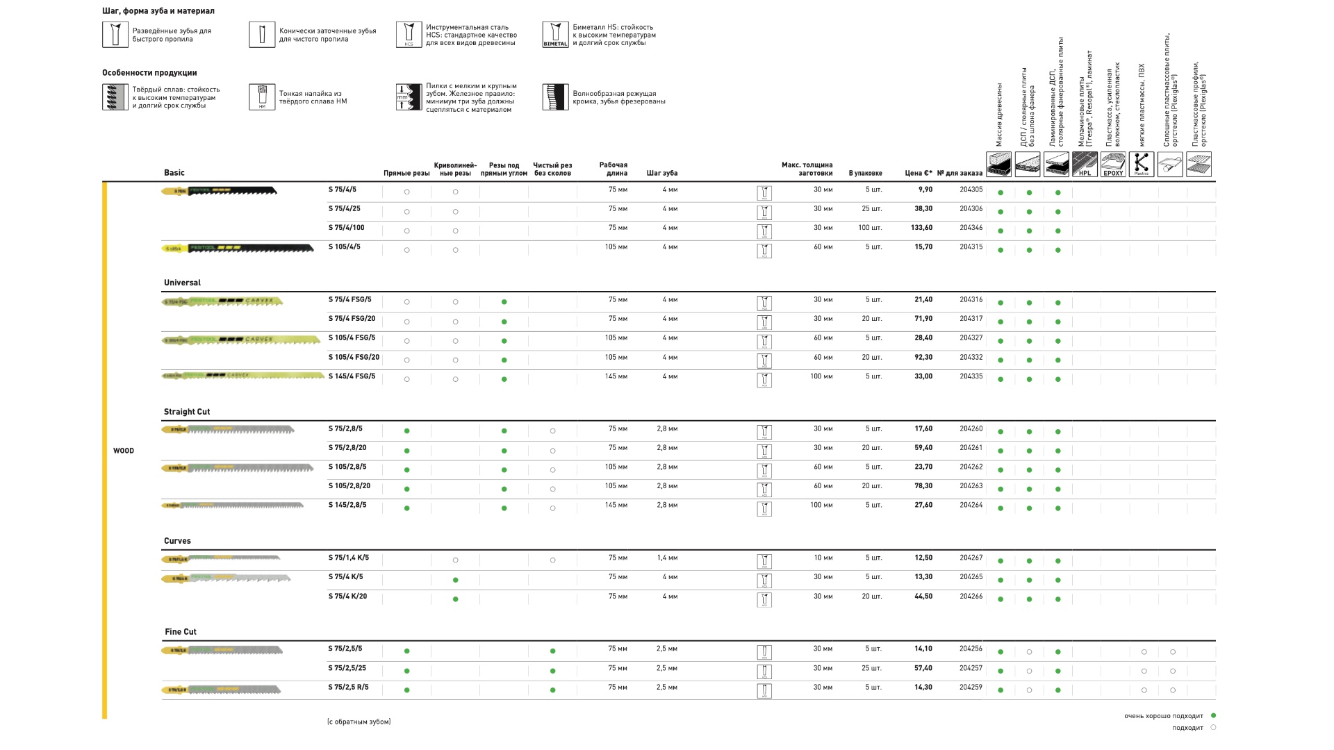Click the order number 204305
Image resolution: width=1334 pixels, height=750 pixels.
[971, 190]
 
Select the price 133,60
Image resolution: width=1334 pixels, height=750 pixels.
[921, 228]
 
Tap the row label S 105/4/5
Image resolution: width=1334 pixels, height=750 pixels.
[344, 247]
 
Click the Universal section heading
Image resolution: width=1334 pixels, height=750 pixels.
[182, 283]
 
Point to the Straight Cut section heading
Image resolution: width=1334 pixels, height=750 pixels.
[187, 412]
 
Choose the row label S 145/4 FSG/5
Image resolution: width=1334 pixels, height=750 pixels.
[352, 376]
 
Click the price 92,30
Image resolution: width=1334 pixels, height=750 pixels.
[923, 358]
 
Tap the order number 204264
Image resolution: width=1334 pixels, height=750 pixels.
[971, 506]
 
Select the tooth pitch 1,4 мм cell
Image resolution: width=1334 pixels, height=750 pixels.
[667, 558]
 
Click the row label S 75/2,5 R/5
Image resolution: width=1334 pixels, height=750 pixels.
[348, 687]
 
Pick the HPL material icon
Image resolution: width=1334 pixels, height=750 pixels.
[1085, 165]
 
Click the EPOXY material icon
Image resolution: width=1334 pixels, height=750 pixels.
[1113, 165]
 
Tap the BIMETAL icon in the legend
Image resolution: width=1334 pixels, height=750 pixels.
[555, 35]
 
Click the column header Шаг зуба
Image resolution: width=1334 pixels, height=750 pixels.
[661, 174]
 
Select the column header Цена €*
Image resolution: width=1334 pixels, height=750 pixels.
[919, 174]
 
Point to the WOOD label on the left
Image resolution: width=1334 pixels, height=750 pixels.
[124, 451]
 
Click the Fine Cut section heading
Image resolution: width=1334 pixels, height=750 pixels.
[181, 632]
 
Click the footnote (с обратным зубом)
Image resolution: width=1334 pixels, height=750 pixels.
[359, 722]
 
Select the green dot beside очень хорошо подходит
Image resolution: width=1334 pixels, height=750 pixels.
[1213, 715]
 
